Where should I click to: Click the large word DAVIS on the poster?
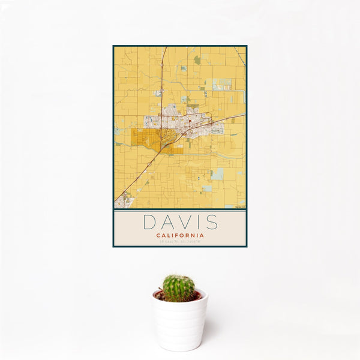(x=180, y=222)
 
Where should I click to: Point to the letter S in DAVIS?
(x=211, y=222)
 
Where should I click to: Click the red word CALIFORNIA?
(x=180, y=235)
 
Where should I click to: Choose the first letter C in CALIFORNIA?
(x=158, y=235)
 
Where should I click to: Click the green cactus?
(x=179, y=288)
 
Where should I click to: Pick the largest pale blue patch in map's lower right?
(x=218, y=174)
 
